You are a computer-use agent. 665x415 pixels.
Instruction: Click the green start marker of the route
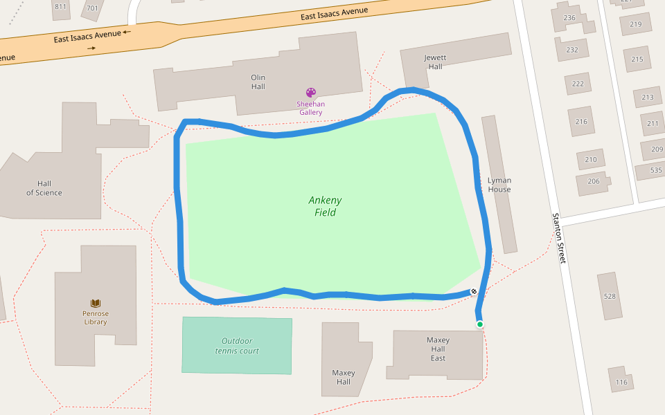(479, 324)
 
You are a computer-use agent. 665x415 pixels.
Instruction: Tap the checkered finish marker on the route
(473, 292)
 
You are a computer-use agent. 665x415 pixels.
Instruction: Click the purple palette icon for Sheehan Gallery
(311, 93)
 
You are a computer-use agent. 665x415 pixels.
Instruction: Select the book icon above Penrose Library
(96, 303)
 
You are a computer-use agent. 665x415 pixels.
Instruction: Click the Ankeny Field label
(325, 206)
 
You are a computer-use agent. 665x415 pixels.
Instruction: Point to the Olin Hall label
(258, 82)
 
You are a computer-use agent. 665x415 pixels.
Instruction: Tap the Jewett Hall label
(435, 62)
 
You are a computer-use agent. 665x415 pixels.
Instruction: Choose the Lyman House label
(499, 185)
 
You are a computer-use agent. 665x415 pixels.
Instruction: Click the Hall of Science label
(44, 188)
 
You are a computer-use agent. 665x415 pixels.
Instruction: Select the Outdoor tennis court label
(237, 346)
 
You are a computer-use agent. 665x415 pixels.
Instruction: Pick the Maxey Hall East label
(438, 349)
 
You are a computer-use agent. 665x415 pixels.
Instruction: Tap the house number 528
(610, 296)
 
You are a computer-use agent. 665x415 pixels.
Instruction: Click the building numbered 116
(621, 382)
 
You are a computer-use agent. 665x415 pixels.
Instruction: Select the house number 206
(594, 181)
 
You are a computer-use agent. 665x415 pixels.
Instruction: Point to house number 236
(570, 18)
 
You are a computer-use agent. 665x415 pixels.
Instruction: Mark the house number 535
(656, 170)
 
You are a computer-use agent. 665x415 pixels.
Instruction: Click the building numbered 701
(91, 8)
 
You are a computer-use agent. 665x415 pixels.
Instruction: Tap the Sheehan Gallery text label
(311, 108)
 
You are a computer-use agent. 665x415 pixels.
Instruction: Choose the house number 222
(578, 84)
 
